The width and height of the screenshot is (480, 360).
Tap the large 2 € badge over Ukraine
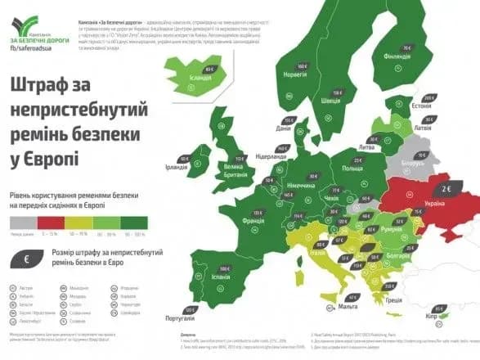tap(447, 187)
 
